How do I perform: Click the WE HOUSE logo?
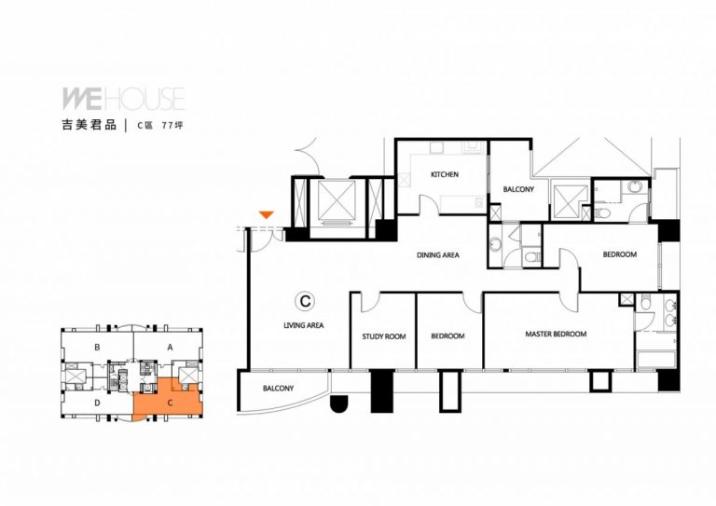(x=123, y=99)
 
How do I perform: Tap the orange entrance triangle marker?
(x=266, y=214)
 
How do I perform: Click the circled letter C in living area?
(x=305, y=301)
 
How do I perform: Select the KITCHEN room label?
(x=445, y=174)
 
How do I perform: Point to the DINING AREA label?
(x=437, y=255)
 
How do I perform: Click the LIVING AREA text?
(x=304, y=325)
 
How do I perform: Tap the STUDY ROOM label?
(x=383, y=336)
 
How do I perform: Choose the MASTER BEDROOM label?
(x=556, y=334)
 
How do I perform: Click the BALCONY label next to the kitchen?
(x=518, y=189)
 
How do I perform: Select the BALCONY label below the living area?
(x=278, y=389)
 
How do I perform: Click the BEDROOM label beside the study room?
(x=447, y=336)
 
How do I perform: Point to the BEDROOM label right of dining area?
(x=620, y=254)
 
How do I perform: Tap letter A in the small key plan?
(x=170, y=348)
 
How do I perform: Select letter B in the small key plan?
(x=97, y=348)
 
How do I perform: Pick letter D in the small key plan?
(x=97, y=403)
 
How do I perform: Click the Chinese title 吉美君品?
(x=89, y=125)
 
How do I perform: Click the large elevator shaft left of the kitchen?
(x=337, y=199)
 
